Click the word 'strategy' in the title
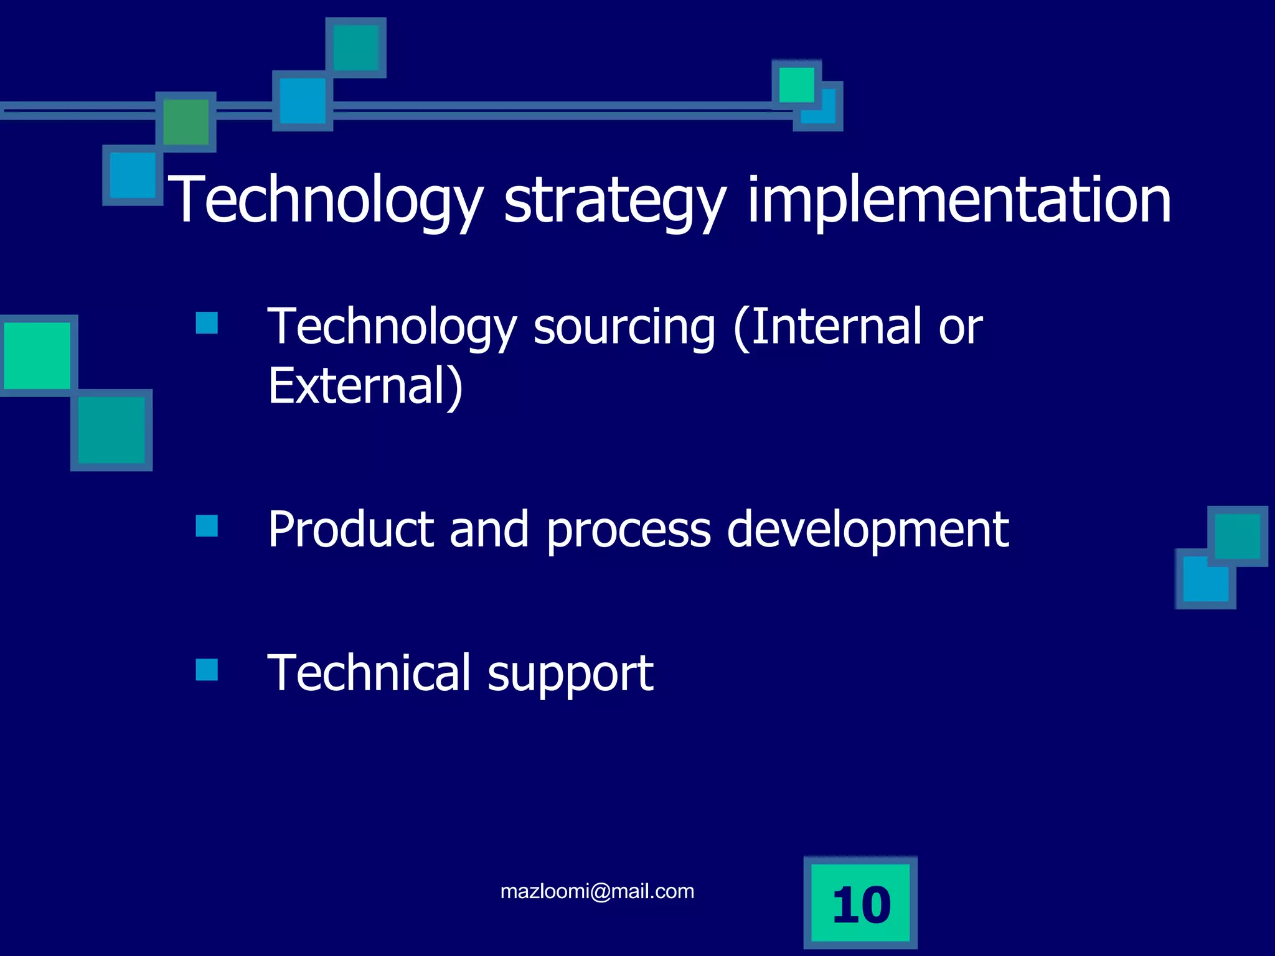(614, 200)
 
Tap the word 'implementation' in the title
(959, 200)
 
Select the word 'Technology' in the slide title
(326, 200)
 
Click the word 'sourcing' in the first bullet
(624, 327)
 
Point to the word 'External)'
(365, 386)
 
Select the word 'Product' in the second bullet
(351, 529)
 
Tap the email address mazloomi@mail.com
(597, 891)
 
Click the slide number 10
(861, 904)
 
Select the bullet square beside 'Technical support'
(207, 670)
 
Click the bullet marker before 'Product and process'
(207, 525)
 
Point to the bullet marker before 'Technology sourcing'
(207, 323)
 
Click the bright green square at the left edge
(37, 355)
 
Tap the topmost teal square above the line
(355, 48)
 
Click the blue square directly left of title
(133, 176)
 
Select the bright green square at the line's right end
(796, 85)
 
